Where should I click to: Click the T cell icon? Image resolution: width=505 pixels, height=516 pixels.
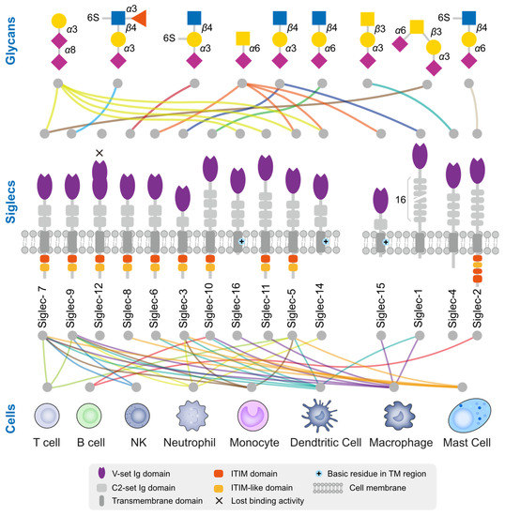(x=48, y=415)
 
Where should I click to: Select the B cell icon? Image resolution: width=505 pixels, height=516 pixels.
(x=89, y=415)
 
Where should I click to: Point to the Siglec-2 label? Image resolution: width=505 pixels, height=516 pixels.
(x=477, y=297)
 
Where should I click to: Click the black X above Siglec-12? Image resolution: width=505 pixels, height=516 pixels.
(x=99, y=153)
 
